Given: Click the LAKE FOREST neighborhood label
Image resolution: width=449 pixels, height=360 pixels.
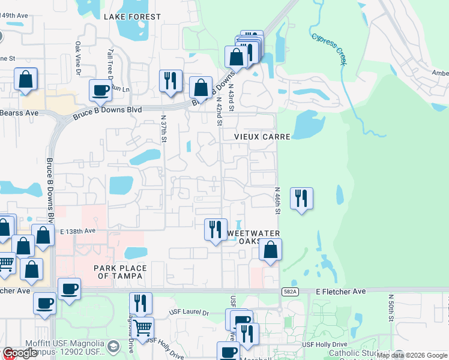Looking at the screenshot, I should click(x=132, y=17).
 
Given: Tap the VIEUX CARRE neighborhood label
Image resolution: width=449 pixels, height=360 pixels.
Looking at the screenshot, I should click(x=262, y=137).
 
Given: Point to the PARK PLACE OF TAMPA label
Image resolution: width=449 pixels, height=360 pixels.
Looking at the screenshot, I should click(x=118, y=271).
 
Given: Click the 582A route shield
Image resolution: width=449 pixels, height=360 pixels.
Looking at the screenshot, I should click(x=289, y=291).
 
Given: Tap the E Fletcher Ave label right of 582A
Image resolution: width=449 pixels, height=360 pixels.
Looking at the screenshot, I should click(x=341, y=291).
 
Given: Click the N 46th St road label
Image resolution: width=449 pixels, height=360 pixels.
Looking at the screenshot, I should click(x=278, y=202).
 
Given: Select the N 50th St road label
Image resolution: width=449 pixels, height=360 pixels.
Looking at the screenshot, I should click(x=390, y=308).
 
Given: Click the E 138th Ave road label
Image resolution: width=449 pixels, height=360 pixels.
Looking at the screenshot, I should click(x=77, y=230).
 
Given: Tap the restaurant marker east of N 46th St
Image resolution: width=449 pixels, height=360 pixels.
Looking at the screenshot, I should click(x=301, y=199).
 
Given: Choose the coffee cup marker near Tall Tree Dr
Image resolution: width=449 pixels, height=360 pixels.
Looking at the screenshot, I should click(x=100, y=90).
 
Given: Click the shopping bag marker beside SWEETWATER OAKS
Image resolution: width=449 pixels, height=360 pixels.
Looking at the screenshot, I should click(x=271, y=249).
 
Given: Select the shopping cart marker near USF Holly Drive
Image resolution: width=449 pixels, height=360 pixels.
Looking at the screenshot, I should click(x=142, y=328).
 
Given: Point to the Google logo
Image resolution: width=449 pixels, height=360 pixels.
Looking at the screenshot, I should click(x=20, y=353).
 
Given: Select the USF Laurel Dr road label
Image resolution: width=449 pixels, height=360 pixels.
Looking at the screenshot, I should click(x=188, y=313).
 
